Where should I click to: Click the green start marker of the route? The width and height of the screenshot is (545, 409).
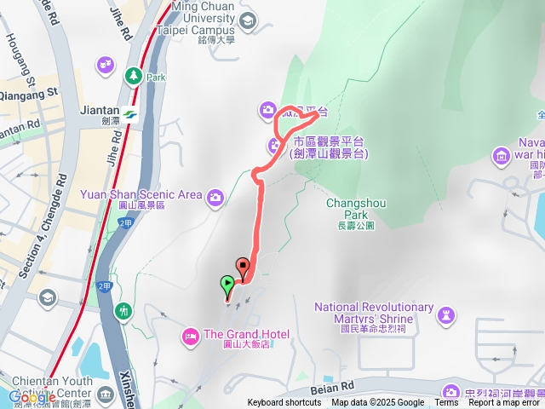[x=227, y=284]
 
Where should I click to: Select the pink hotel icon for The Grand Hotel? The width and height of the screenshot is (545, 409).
[x=190, y=335]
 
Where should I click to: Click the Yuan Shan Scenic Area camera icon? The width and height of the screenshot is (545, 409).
[x=215, y=196]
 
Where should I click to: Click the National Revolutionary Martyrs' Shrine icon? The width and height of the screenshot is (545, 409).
[x=445, y=316]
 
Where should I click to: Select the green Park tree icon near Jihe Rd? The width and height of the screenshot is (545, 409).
[x=134, y=76]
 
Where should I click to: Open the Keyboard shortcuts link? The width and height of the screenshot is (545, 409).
[x=284, y=403]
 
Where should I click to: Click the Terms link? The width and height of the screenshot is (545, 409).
[x=446, y=403]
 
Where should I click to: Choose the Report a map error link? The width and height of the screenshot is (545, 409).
[x=503, y=403]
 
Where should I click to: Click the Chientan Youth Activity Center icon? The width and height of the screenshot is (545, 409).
[x=105, y=395]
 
